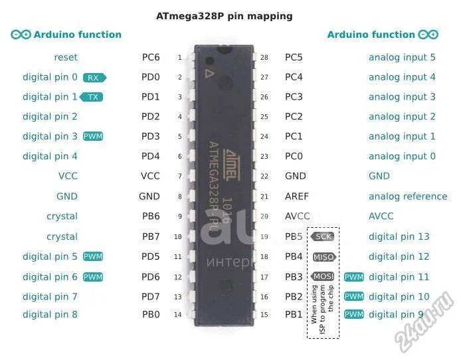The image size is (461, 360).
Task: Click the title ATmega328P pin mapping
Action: click(224, 16)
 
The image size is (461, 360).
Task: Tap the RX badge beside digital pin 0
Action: click(94, 78)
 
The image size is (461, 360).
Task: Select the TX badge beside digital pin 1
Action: click(92, 97)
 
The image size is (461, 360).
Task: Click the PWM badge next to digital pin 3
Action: click(93, 136)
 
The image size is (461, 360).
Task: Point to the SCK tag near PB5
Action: click(323, 236)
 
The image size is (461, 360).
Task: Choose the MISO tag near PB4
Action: click(324, 257)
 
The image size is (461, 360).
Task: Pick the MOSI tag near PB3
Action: click(323, 276)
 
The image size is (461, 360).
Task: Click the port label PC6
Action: click(151, 57)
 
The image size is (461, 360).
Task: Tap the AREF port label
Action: click(297, 197)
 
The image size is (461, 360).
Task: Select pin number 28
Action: click(264, 58)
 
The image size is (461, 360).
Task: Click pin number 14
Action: click(177, 315)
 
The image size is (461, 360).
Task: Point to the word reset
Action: click(66, 57)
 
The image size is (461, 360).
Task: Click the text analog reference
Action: click(408, 197)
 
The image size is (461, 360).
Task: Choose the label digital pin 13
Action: click(399, 237)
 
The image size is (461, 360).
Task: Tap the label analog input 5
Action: click(402, 58)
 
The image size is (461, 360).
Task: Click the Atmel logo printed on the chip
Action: click(232, 165)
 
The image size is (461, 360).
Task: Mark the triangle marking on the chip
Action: click(209, 74)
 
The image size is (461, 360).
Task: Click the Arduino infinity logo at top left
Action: click(21, 35)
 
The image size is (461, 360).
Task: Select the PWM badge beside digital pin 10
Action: click(354, 296)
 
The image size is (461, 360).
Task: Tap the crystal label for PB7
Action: click(62, 237)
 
